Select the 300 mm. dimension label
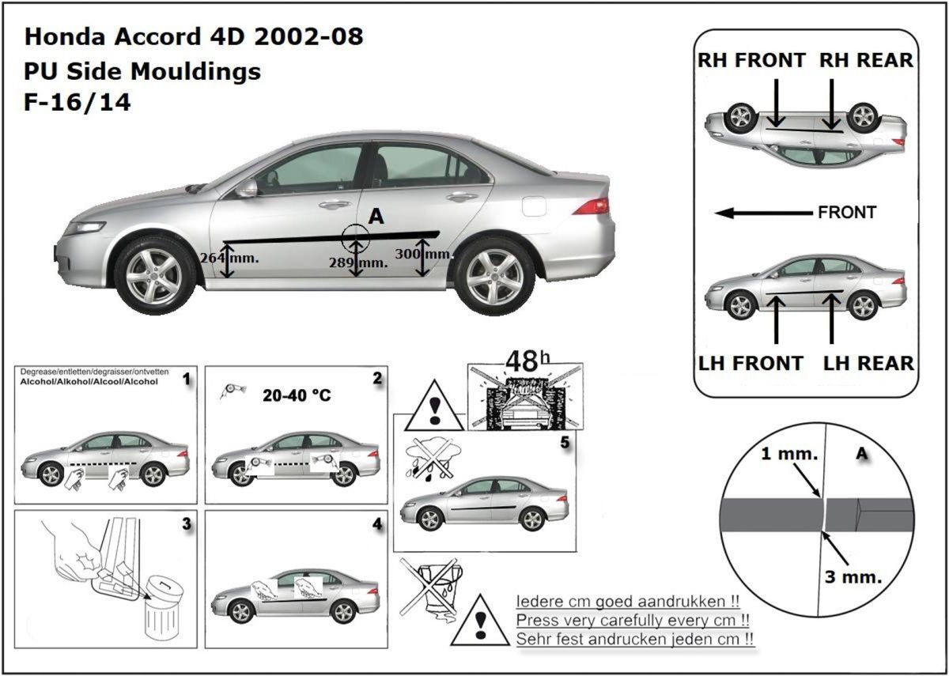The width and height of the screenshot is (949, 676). click(x=423, y=254)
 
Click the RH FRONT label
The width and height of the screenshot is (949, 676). click(x=751, y=60)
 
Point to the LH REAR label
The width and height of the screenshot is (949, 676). click(x=868, y=363)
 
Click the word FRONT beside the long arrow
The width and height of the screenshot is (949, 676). click(x=847, y=212)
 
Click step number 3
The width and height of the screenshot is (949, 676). click(x=187, y=523)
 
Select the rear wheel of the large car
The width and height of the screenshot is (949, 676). click(x=493, y=275)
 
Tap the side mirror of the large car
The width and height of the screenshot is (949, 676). click(x=247, y=188)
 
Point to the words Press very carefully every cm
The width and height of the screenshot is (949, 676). click(x=633, y=619)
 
